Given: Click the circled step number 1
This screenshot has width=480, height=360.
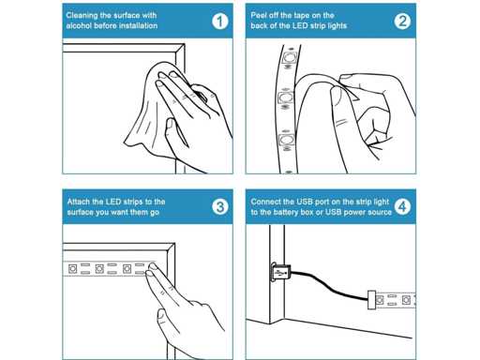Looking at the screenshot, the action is pyautogui.click(x=220, y=22).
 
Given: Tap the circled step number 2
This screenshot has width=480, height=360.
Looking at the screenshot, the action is pyautogui.click(x=402, y=22).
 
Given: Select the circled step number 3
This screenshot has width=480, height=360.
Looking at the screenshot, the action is pyautogui.click(x=220, y=207).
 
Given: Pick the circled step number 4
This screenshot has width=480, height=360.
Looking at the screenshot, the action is pyautogui.click(x=402, y=207).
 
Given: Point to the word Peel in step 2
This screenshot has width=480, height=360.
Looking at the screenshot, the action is pyautogui.click(x=259, y=15).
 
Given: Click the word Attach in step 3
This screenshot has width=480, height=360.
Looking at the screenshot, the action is pyautogui.click(x=78, y=202).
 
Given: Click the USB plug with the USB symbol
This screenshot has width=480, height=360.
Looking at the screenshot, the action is pyautogui.click(x=280, y=272).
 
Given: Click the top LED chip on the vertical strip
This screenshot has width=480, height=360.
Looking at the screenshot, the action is pyautogui.click(x=289, y=57).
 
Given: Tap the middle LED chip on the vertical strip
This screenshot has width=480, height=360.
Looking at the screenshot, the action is pyautogui.click(x=285, y=97).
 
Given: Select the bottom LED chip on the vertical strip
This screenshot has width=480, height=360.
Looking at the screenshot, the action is pyautogui.click(x=287, y=139).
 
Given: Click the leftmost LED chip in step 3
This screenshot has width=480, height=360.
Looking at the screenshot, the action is pyautogui.click(x=72, y=269).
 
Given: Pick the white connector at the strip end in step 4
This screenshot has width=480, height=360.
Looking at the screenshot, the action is pyautogui.click(x=371, y=300).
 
